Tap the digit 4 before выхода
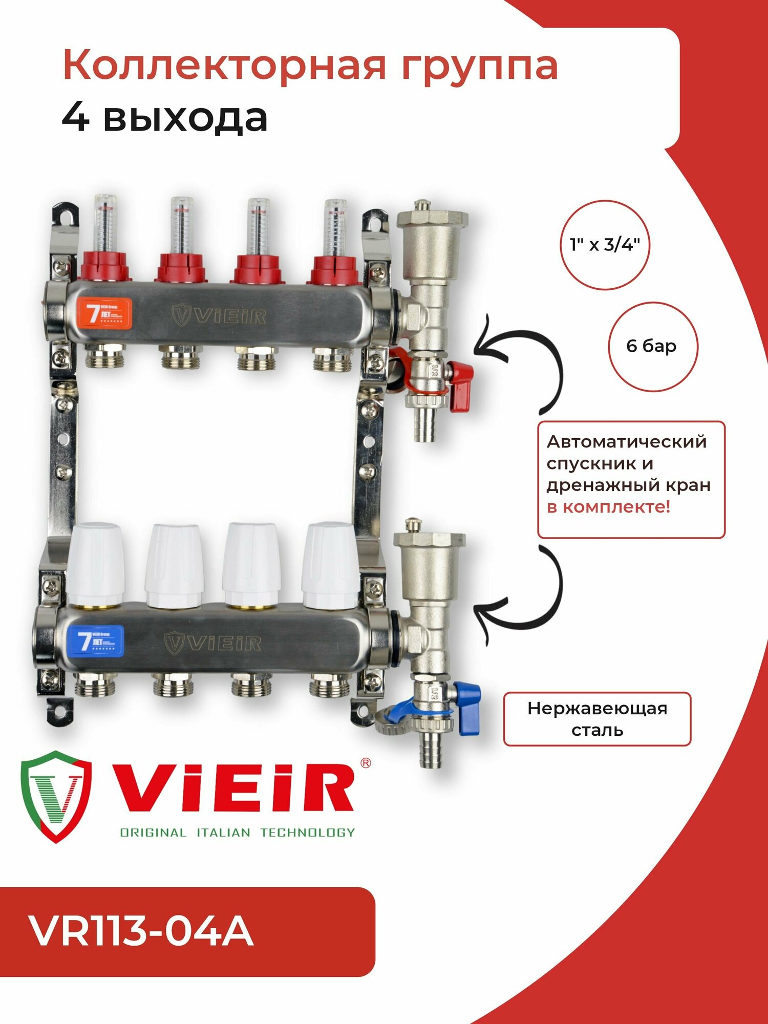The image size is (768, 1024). (x=76, y=118)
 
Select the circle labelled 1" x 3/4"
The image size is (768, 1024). (x=605, y=245)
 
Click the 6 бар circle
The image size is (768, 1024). (x=652, y=347)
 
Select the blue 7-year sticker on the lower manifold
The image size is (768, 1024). (x=96, y=641)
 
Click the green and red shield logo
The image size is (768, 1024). (x=56, y=796)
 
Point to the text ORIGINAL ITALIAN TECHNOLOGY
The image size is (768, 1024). (x=237, y=833)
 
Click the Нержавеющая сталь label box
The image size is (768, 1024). (x=597, y=719)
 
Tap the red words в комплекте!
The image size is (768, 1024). (x=608, y=507)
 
